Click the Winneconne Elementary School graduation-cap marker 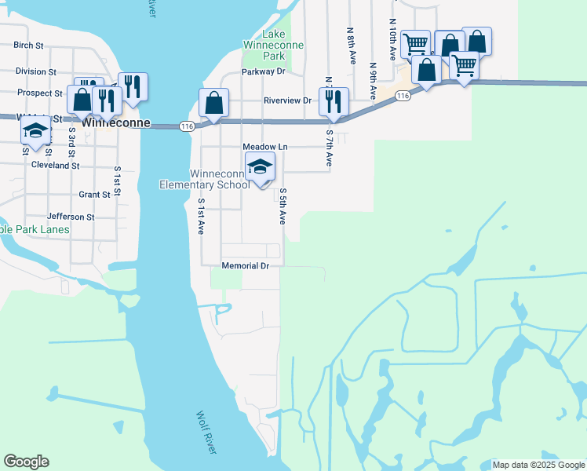pyautogui.click(x=261, y=167)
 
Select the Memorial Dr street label pyautogui.click(x=246, y=266)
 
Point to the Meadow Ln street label pyautogui.click(x=265, y=147)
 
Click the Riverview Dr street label pyautogui.click(x=288, y=100)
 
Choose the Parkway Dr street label pyautogui.click(x=262, y=71)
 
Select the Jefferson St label pyautogui.click(x=71, y=217)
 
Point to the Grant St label pyautogui.click(x=94, y=195)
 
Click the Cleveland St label pyautogui.click(x=55, y=166)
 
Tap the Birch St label pyautogui.click(x=28, y=46)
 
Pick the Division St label pyautogui.click(x=35, y=71)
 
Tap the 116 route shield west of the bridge pyautogui.click(x=186, y=126)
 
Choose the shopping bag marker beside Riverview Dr pyautogui.click(x=213, y=104)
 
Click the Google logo pyautogui.click(x=26, y=462)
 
